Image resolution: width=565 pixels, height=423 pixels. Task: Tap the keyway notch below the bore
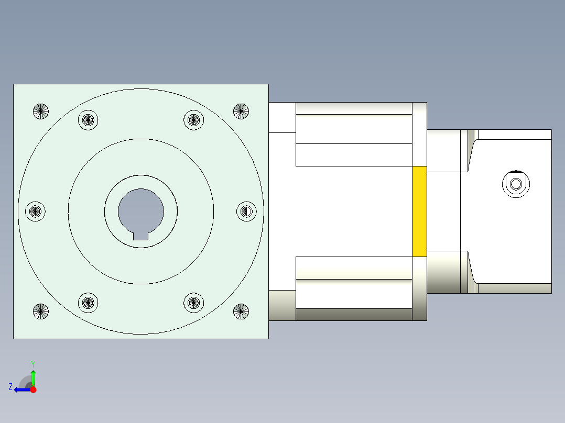point(140,236)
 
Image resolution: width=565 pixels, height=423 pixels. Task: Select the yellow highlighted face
point(419,211)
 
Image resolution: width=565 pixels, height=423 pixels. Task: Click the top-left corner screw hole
point(40,111)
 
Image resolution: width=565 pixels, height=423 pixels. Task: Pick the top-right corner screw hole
point(241,111)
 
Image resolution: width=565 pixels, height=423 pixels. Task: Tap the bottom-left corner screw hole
point(40,311)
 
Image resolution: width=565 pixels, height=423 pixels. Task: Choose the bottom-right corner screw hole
point(241,311)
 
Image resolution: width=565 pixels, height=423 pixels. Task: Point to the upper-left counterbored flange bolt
point(88,120)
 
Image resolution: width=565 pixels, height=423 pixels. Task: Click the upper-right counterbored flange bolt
point(193,120)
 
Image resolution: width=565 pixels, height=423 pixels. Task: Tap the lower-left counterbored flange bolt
point(88,303)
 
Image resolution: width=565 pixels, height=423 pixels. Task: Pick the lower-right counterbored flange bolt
point(193,303)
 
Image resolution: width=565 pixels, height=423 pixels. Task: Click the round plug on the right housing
point(516,184)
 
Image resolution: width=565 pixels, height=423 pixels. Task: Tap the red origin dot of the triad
point(33,389)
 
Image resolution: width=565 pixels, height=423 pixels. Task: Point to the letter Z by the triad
point(10,387)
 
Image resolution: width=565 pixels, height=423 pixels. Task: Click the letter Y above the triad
point(32,363)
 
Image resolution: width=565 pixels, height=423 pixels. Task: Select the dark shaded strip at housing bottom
point(354,315)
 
